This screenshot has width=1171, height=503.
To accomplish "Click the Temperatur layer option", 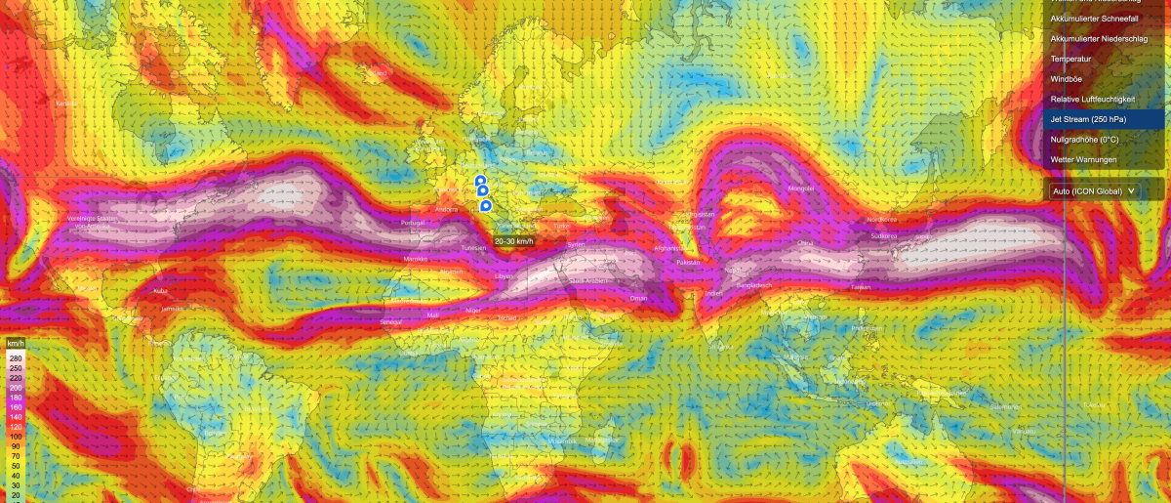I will click(x=1070, y=59).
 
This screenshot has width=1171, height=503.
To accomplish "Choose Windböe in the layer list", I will click(x=1067, y=79).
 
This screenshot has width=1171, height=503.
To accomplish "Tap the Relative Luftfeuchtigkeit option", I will click(x=1093, y=100).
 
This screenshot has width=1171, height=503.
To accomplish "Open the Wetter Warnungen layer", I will click(x=1084, y=159).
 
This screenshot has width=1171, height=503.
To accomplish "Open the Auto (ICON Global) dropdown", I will click(x=1093, y=191).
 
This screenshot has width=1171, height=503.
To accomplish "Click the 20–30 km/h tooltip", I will click(x=513, y=241).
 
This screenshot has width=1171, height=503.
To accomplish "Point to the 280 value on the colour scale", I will click(x=15, y=357).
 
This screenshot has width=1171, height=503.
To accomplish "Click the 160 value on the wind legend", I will click(x=15, y=407).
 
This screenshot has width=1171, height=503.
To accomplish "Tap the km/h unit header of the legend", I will click(x=15, y=345).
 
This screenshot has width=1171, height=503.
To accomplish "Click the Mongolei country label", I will click(x=800, y=189).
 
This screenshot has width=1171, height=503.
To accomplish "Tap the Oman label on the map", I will click(x=638, y=298).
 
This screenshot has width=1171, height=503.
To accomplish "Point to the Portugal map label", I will click(x=413, y=223).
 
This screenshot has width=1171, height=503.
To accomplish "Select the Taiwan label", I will click(x=861, y=287).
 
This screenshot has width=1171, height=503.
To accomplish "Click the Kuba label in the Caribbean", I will click(x=160, y=291).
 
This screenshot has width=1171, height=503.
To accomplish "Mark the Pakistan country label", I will click(x=689, y=263).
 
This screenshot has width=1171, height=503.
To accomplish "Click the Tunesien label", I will click(x=473, y=248).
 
